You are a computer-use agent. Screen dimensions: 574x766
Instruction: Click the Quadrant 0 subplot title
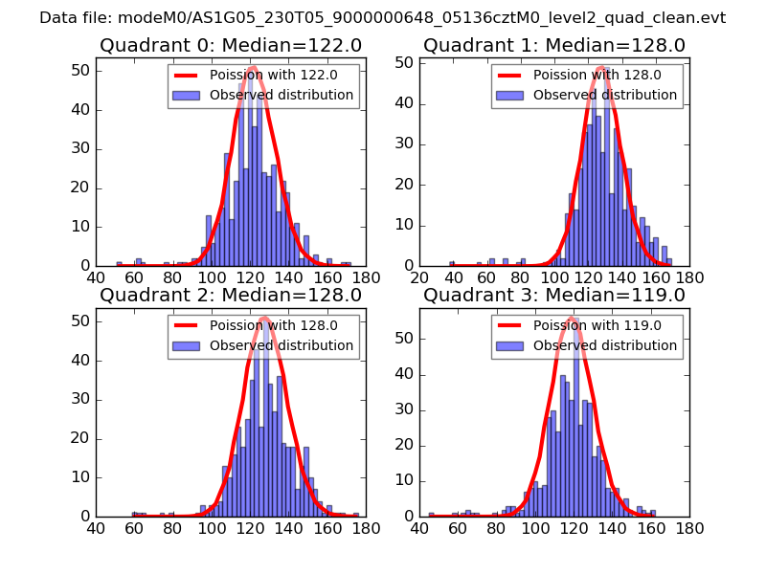(231, 46)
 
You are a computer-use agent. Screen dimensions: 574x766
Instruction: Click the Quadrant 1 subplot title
(554, 46)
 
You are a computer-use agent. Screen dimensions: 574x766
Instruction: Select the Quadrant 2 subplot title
(231, 296)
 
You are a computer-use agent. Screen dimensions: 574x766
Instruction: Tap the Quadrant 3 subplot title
(554, 296)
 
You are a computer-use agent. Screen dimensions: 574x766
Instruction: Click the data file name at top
(383, 17)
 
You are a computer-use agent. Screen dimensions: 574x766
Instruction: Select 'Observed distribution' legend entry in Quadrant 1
(605, 96)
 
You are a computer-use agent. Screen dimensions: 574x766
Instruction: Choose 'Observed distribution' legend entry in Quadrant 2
(282, 345)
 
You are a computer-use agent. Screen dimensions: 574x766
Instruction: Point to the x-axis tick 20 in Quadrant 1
(419, 277)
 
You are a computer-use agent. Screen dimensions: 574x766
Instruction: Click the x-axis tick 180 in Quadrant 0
(366, 277)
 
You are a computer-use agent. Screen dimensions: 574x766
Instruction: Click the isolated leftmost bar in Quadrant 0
(119, 263)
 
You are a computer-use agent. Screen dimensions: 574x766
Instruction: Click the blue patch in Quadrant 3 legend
(512, 345)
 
